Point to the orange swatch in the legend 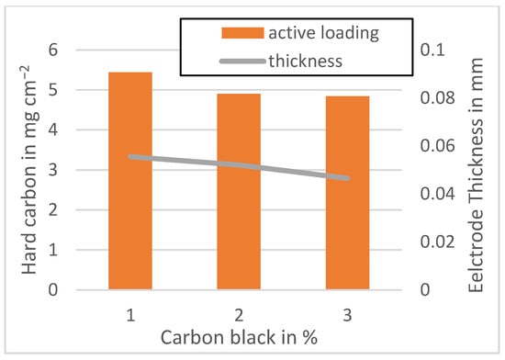point(241,33)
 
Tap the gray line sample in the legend point(241,61)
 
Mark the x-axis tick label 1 point(129,313)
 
